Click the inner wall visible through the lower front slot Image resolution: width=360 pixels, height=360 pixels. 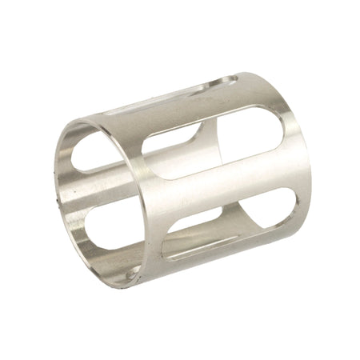point(192,240)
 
